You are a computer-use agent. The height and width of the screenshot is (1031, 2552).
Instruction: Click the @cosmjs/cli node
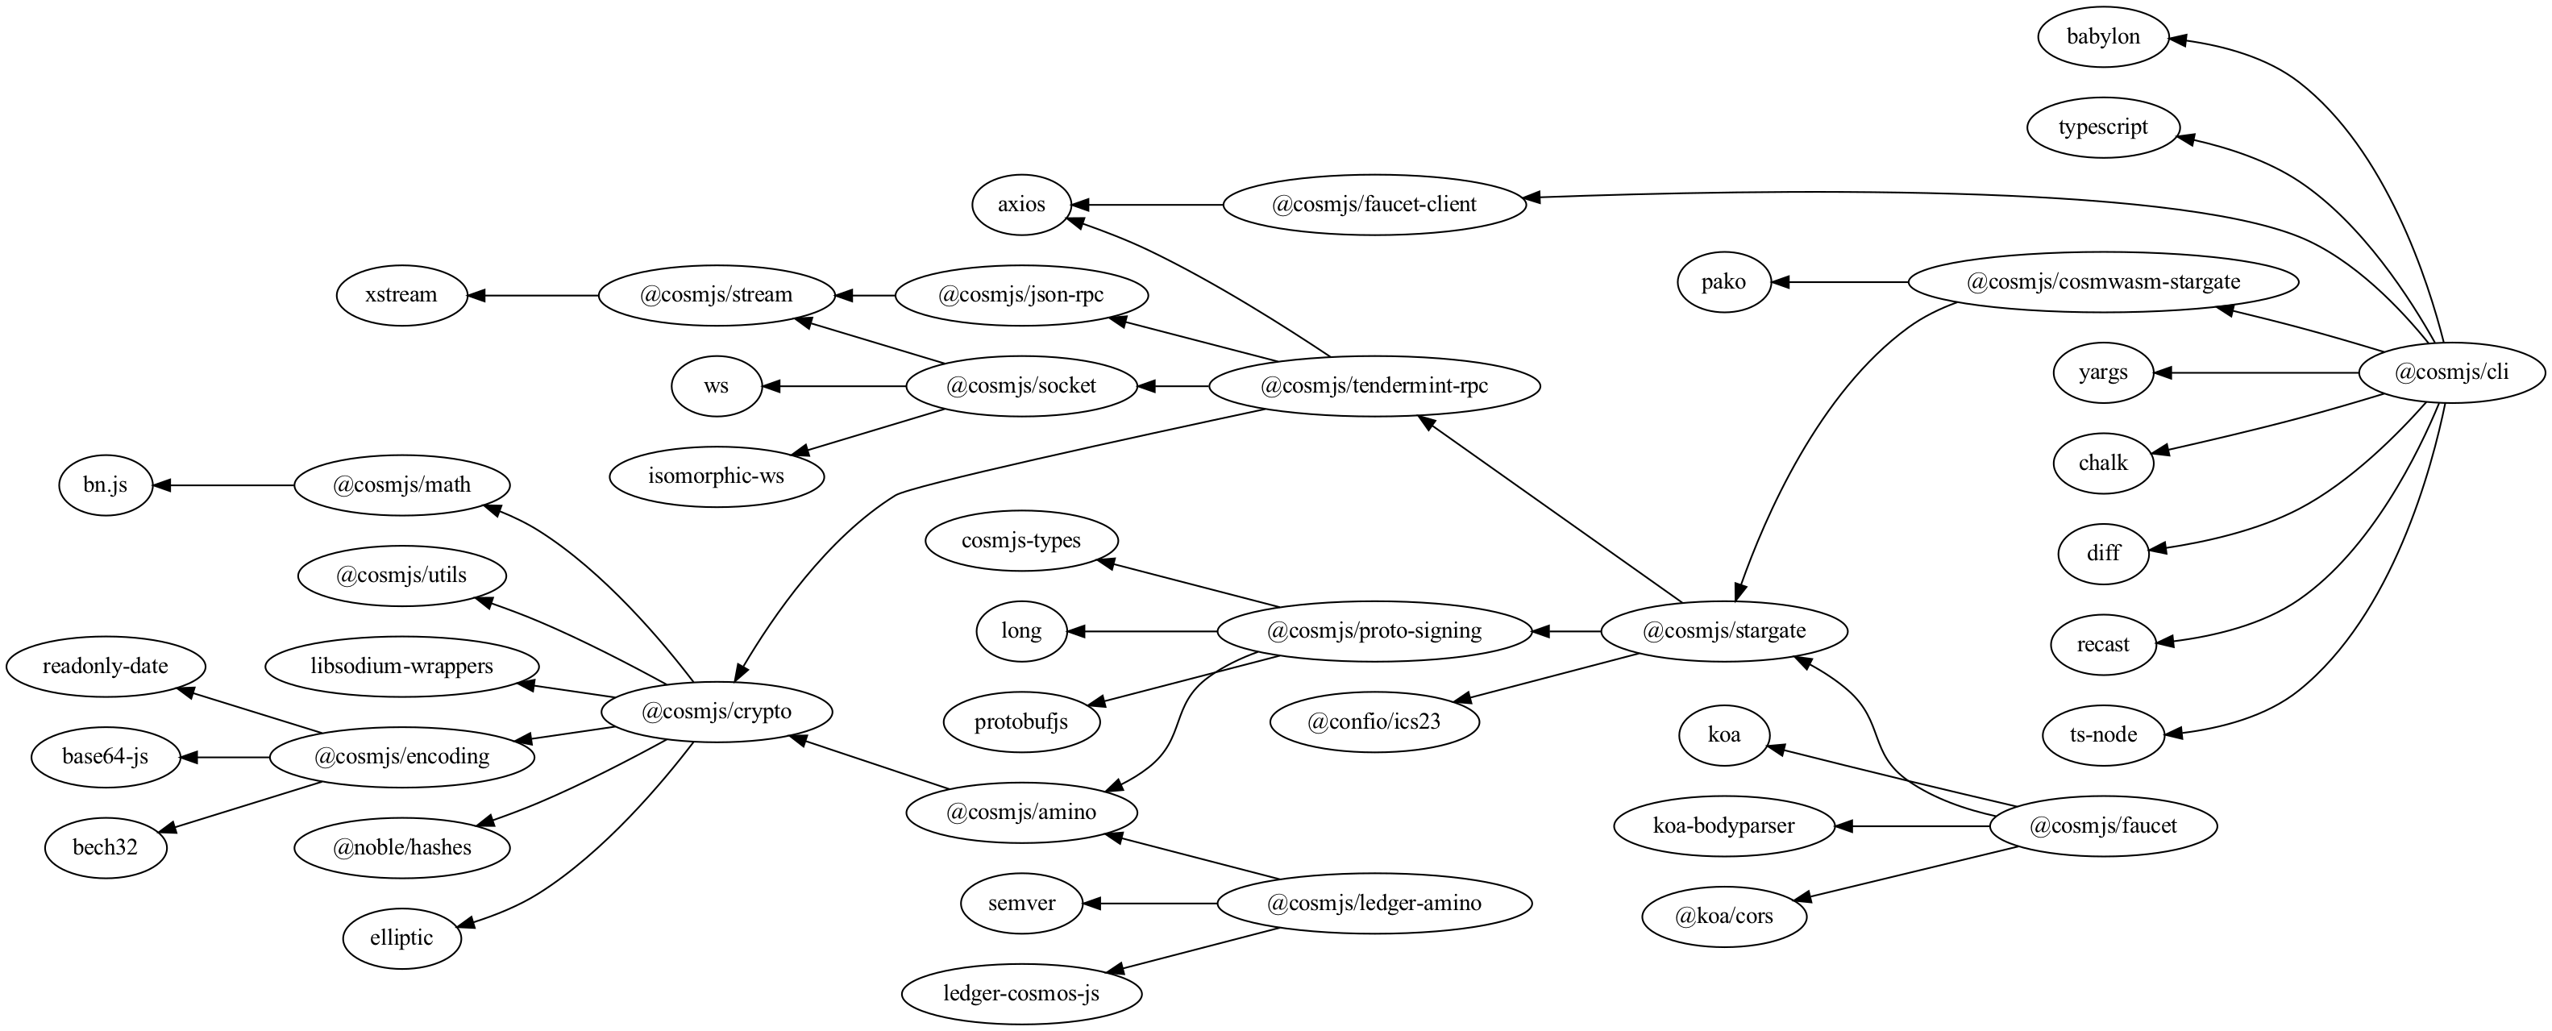(2451, 373)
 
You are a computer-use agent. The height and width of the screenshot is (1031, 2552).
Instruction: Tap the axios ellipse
(1021, 205)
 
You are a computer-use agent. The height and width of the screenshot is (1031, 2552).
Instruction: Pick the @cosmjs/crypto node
(717, 712)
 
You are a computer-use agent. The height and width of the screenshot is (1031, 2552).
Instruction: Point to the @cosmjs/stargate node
(1724, 632)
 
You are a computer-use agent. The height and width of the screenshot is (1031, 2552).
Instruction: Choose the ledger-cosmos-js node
(1021, 993)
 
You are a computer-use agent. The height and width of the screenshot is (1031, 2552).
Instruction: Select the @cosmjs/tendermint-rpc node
(1374, 386)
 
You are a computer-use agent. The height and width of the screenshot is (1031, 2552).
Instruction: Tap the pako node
(1724, 282)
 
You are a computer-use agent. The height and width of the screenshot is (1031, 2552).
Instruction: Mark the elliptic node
(402, 938)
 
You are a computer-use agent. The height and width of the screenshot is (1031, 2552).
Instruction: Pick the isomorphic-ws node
(717, 476)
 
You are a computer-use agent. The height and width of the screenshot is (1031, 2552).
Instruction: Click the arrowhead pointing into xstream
(476, 295)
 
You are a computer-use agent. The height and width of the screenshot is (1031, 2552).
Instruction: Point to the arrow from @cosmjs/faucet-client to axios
(1149, 205)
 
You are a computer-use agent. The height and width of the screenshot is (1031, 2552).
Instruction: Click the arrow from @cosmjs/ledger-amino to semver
(1149, 904)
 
